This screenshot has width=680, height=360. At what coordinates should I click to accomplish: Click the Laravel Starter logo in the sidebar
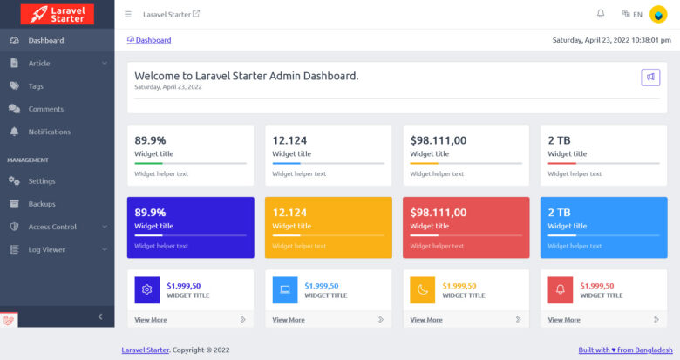57,14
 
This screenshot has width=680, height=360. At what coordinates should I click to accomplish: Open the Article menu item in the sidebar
39,63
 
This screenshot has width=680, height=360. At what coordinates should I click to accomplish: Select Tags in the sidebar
36,86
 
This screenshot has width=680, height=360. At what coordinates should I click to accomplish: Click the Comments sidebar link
45,109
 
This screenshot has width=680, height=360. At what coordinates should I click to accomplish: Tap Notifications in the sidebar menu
49,132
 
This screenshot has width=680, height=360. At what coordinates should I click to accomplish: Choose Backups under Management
41,204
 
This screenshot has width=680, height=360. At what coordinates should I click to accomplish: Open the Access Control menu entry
52,227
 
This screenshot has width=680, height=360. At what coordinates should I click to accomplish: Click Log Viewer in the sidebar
46,249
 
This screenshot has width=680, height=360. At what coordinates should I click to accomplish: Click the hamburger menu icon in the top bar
128,14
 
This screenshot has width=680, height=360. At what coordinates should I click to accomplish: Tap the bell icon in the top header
600,14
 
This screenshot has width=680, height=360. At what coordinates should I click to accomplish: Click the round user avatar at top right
658,14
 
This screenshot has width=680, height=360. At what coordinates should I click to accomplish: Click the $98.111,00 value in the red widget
438,213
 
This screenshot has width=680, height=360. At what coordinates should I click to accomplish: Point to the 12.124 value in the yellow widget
289,213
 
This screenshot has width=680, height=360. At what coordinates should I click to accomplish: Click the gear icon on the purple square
147,290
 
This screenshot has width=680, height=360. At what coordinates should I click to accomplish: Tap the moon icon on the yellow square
423,290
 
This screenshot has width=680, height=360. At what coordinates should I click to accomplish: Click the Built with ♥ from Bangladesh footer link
619,350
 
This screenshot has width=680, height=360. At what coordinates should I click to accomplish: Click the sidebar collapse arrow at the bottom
99,316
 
